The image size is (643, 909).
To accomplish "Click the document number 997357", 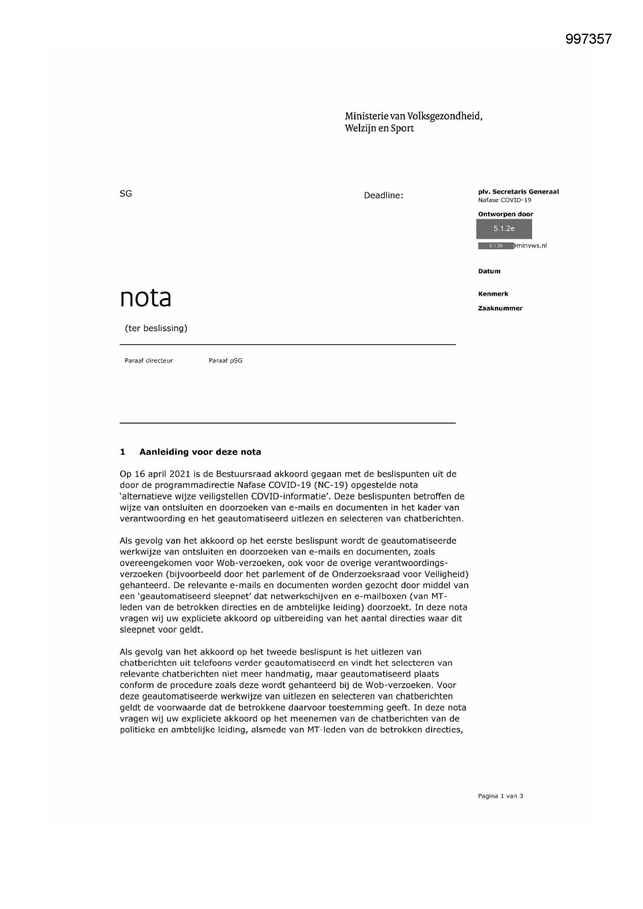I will (x=588, y=39).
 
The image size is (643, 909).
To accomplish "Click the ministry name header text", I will (x=413, y=122).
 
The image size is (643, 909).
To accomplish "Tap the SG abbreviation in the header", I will (x=125, y=194).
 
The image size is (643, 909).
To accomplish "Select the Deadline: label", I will (x=383, y=195).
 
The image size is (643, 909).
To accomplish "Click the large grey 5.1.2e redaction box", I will (x=504, y=229).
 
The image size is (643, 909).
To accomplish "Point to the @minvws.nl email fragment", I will (x=530, y=246).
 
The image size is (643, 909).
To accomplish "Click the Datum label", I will (x=489, y=271).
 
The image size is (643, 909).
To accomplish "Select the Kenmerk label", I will (x=493, y=294).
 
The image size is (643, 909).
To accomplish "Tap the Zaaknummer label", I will (x=499, y=308).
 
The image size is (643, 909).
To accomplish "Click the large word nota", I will (x=145, y=297).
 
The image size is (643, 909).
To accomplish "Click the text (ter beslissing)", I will (x=156, y=328).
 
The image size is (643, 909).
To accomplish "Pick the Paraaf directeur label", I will (x=148, y=361).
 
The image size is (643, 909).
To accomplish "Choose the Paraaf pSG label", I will (x=225, y=361).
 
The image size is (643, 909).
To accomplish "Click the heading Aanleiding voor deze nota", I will (x=199, y=452).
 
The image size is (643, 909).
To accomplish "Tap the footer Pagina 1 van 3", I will (x=500, y=796).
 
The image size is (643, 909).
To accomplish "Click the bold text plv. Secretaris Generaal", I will (x=518, y=192).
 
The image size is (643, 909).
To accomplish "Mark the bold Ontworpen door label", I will (x=505, y=214).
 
